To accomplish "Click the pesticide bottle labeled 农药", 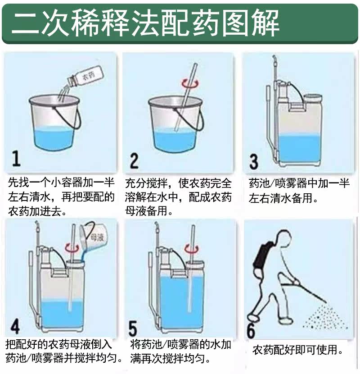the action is [86, 76].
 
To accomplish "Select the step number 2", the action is [134, 161].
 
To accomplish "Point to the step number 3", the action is [253, 162].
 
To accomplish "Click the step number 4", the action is [15, 326].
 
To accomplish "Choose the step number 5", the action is [132, 328].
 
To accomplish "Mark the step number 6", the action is [251, 331].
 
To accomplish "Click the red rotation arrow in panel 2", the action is [190, 83].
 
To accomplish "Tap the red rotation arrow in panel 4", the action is [72, 248].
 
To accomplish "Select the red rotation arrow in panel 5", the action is [192, 249].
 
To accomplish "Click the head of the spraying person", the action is [283, 239].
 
